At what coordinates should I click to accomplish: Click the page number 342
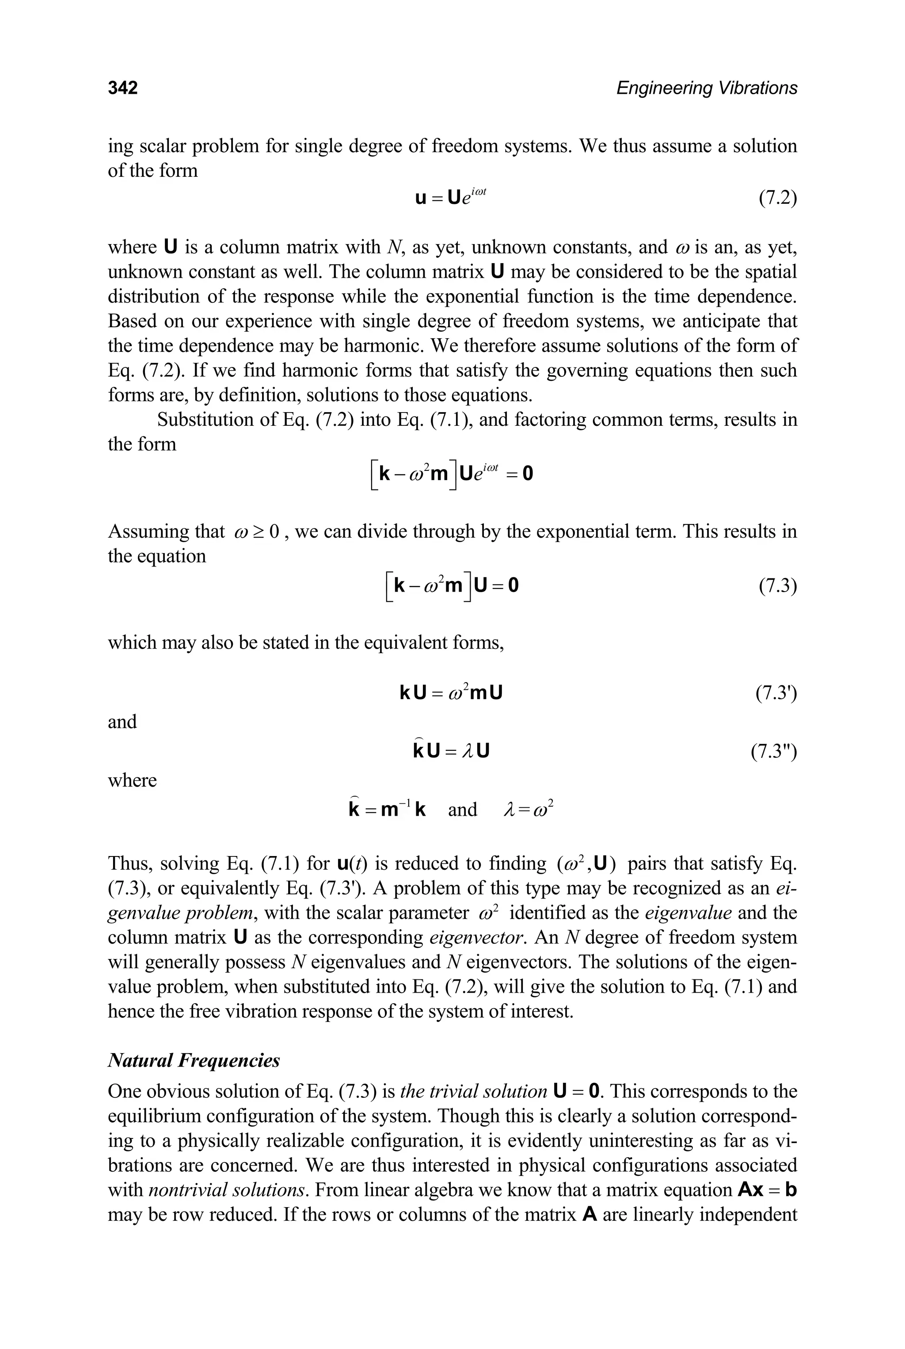[122, 88]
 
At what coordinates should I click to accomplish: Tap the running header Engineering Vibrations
[707, 88]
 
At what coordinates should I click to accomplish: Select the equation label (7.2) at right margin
[777, 198]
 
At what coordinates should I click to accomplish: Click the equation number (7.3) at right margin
[777, 586]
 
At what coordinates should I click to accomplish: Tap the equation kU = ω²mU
[451, 692]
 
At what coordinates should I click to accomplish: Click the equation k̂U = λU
[451, 750]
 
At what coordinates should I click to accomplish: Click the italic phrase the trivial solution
[473, 1091]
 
